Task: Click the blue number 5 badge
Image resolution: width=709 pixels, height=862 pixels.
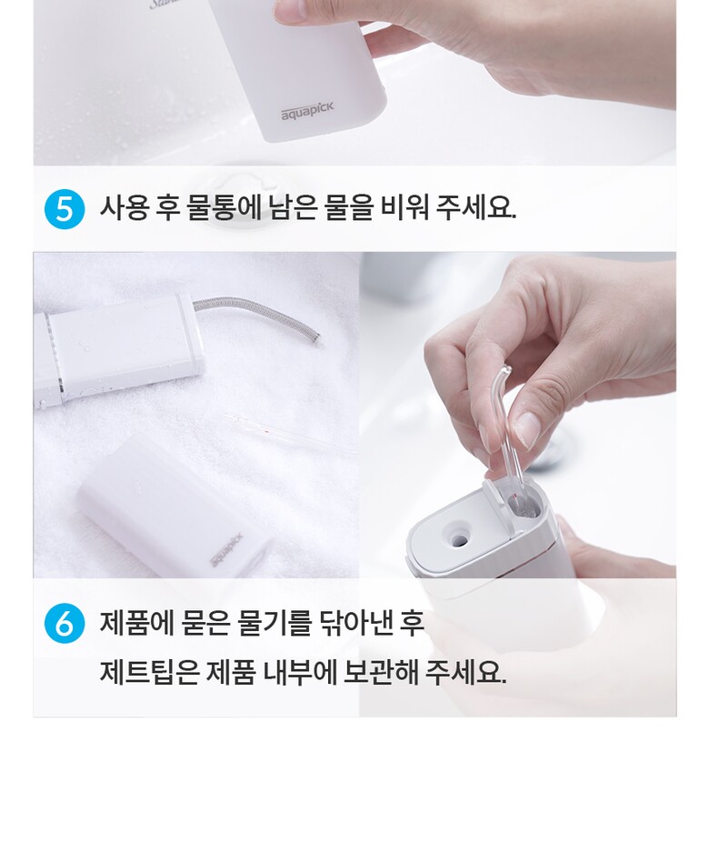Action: coord(65,209)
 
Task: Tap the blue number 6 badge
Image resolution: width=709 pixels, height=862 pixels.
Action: coord(65,624)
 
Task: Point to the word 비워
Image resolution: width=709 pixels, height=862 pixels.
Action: coord(404,208)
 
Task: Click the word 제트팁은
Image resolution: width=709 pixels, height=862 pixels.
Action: coord(149,671)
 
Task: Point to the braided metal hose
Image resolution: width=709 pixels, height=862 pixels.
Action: coord(257,315)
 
